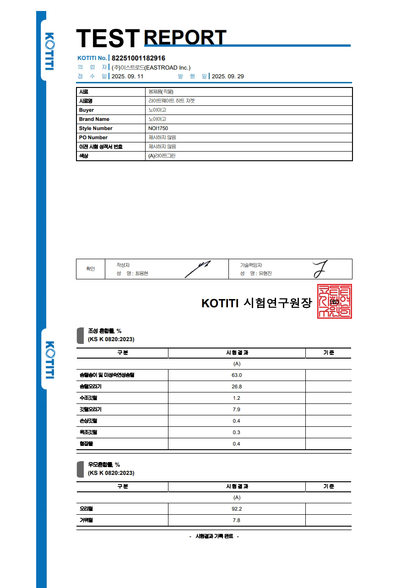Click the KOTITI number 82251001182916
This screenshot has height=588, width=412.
(x=138, y=58)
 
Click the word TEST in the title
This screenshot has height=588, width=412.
(x=108, y=38)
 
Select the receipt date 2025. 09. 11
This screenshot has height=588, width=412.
(x=128, y=76)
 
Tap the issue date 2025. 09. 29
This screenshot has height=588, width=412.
(x=228, y=76)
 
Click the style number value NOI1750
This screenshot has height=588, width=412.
(x=158, y=128)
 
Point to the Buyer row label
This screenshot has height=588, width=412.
(x=87, y=110)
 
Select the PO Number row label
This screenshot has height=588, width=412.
(x=93, y=137)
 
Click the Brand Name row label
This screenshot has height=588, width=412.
(x=94, y=119)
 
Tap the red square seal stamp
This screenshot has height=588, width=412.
(x=335, y=301)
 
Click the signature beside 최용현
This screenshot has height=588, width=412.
(x=198, y=269)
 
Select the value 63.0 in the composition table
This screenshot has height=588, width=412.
(x=237, y=375)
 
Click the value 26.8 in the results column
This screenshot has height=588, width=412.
(x=237, y=387)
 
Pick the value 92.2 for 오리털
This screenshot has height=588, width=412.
(x=237, y=509)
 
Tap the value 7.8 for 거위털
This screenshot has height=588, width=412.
(x=237, y=520)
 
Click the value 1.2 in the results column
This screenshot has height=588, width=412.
(x=237, y=398)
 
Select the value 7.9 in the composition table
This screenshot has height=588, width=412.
(x=237, y=409)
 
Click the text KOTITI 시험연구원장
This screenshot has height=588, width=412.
(x=256, y=303)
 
